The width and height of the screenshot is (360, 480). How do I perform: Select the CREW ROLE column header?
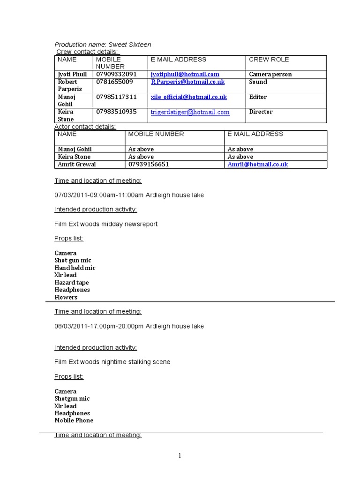tap(269, 60)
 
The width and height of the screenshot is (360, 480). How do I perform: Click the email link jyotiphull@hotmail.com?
tap(185, 74)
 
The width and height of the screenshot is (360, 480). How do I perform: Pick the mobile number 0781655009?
tap(114, 82)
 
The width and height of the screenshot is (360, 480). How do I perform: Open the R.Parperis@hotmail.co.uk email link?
tap(187, 82)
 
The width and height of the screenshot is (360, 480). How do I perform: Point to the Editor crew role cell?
tap(258, 97)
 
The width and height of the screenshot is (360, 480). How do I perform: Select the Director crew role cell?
tap(261, 112)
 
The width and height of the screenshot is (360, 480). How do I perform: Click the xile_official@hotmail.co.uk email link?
tap(188, 97)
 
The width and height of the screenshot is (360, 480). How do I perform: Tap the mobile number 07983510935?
tap(116, 112)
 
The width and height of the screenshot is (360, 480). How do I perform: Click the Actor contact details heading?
tap(85, 127)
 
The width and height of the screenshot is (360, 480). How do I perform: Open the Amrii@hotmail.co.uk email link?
tap(257, 164)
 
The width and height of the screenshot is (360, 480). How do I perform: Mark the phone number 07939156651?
tap(149, 164)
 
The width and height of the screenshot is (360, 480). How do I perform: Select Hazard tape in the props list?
tap(71, 283)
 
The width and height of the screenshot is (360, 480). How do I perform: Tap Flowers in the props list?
tap(66, 297)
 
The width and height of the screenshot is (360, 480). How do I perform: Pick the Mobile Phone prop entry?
tap(74, 420)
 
